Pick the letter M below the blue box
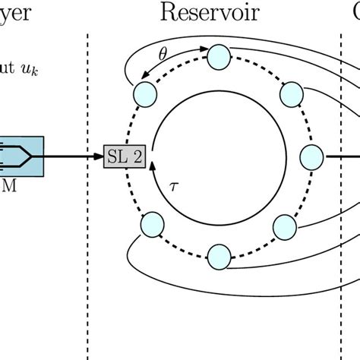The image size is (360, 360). [10, 185]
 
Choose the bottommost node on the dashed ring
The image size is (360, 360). [219, 255]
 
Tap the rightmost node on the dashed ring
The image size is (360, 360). [312, 157]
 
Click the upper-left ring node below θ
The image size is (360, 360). [144, 93]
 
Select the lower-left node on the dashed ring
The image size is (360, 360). [152, 226]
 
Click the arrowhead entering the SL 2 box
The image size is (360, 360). [101, 157]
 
